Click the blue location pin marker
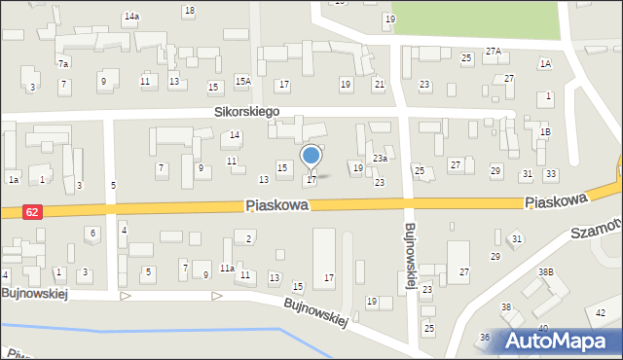tap(311, 157)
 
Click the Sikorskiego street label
tap(247, 112)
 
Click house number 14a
tap(131, 17)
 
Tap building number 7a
tap(63, 63)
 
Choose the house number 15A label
tap(242, 82)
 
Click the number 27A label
tap(494, 52)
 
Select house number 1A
tap(545, 63)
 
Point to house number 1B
tap(545, 131)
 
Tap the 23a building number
tap(380, 158)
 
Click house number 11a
tap(227, 268)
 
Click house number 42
tap(601, 312)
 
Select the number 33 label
tap(551, 173)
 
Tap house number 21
tap(379, 85)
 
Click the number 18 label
tap(189, 11)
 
